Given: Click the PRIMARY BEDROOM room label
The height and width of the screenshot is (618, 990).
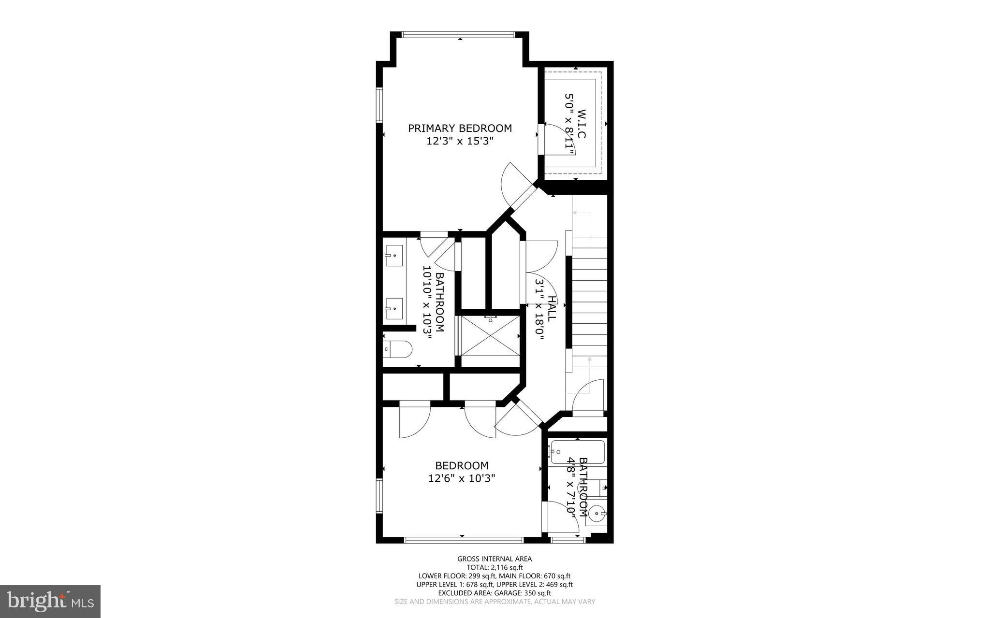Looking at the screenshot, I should coord(460,128).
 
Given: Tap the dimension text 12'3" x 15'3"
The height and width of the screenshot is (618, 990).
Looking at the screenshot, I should coord(460,141).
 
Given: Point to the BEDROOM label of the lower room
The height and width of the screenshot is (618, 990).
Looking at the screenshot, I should coord(462,465).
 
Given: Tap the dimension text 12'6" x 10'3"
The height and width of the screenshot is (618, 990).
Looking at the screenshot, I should coord(462,478).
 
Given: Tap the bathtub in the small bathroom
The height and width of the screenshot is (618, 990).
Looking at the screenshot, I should coord(578,452).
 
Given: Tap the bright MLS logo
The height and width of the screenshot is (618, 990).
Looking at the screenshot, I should coord(50,601).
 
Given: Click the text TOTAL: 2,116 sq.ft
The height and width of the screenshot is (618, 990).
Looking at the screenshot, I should coord(495,567).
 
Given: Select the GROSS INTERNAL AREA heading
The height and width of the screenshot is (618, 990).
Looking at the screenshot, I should coord(495,559).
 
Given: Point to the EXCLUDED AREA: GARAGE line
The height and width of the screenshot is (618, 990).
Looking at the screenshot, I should coord(495,593).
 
